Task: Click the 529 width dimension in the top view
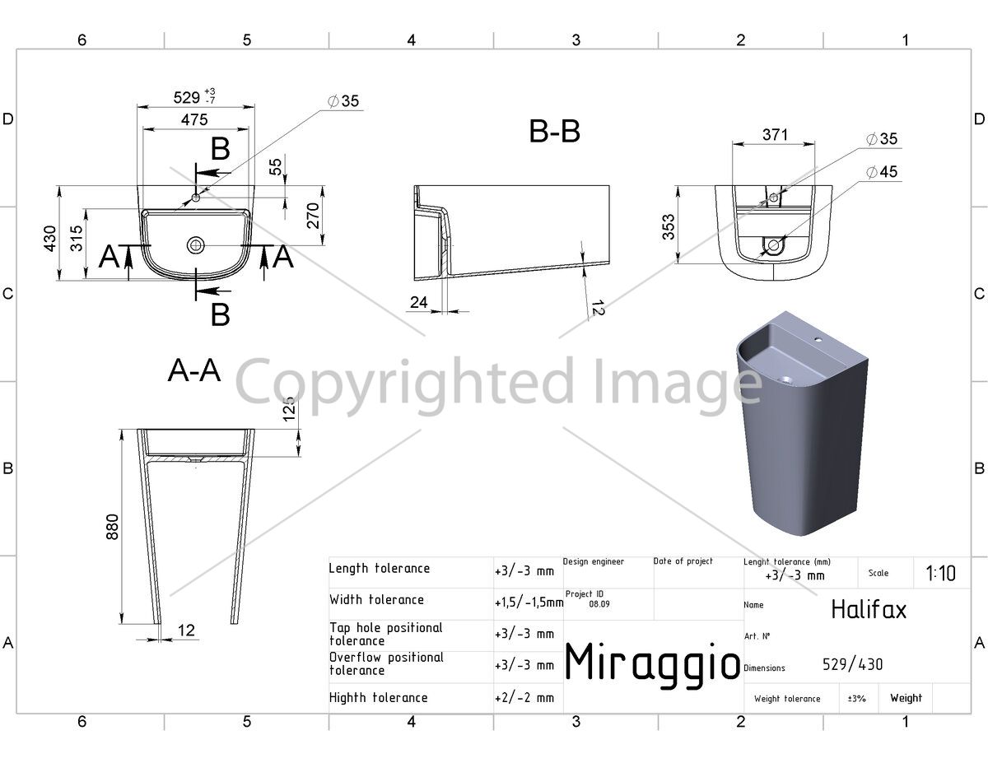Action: pyautogui.click(x=186, y=98)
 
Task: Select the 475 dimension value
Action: pyautogui.click(x=194, y=120)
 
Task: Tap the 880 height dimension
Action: pyautogui.click(x=112, y=527)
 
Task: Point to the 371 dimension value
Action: pyautogui.click(x=775, y=135)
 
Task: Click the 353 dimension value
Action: pyautogui.click(x=669, y=227)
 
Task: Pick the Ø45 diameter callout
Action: pyautogui.click(x=882, y=172)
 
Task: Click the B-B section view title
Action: pyautogui.click(x=554, y=132)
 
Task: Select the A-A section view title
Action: pyautogui.click(x=194, y=370)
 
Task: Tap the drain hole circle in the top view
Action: pyautogui.click(x=195, y=245)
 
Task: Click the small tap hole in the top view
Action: pyautogui.click(x=195, y=198)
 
